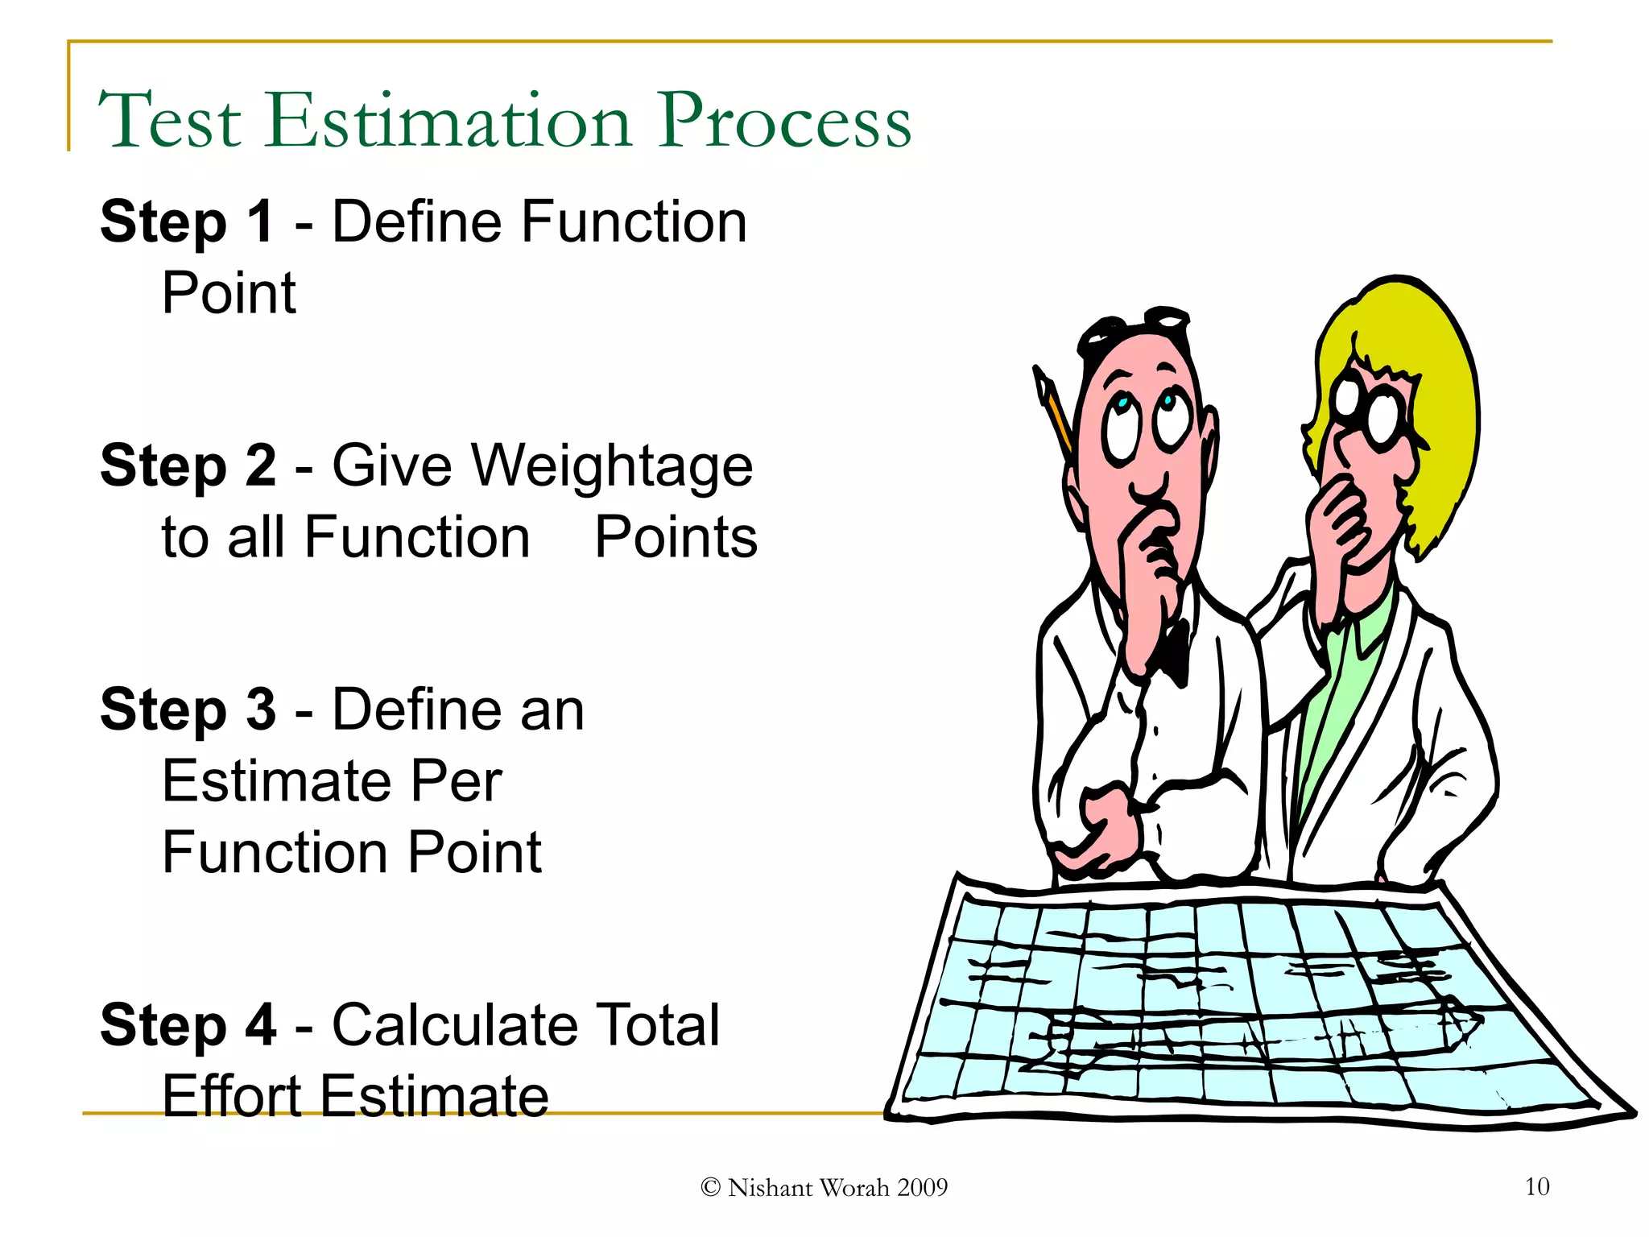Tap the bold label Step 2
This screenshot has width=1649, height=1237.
click(x=188, y=465)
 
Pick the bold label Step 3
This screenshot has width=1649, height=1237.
click(x=188, y=710)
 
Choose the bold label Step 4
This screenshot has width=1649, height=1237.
click(x=188, y=1025)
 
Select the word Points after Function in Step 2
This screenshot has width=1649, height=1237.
click(x=676, y=537)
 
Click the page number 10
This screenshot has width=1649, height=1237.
click(x=1536, y=1186)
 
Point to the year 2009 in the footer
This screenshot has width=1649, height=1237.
click(x=922, y=1188)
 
